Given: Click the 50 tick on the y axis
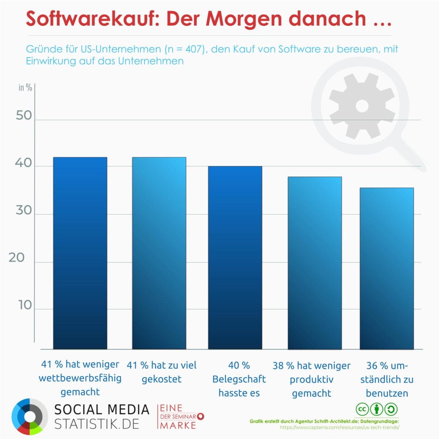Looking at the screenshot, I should tap(24, 116).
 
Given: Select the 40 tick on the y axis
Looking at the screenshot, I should tap(23, 163).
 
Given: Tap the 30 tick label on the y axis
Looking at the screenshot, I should tap(24, 211).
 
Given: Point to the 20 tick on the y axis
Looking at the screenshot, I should tap(16, 258).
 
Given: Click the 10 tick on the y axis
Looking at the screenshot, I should tap(25, 305).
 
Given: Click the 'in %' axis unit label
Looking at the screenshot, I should tap(25, 88).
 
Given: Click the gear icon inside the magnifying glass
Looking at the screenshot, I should tap(361, 106).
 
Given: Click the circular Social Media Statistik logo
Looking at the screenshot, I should tap(30, 417).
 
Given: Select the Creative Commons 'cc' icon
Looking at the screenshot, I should tap(362, 409).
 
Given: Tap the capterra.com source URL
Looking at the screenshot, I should tap(339, 427).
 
